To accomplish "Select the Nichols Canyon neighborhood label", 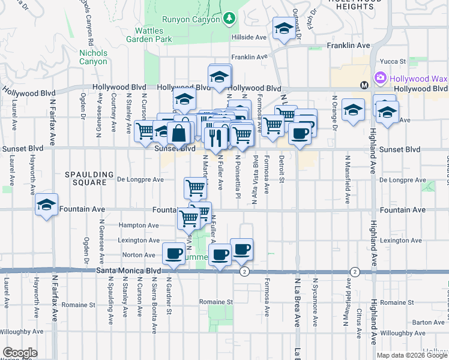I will tap(93, 57).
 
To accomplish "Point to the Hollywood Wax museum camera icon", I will tap(380, 79).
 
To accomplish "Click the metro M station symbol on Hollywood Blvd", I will tap(364, 85).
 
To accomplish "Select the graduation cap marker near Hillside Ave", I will tap(284, 28).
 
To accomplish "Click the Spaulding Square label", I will tap(89, 179).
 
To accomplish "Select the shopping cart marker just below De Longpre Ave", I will tap(196, 188).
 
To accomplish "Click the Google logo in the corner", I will tap(20, 353).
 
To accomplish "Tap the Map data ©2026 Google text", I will tap(411, 355).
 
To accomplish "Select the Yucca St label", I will tap(394, 61).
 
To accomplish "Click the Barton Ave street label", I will tap(428, 323).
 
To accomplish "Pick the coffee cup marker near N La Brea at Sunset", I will tap(300, 133).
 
